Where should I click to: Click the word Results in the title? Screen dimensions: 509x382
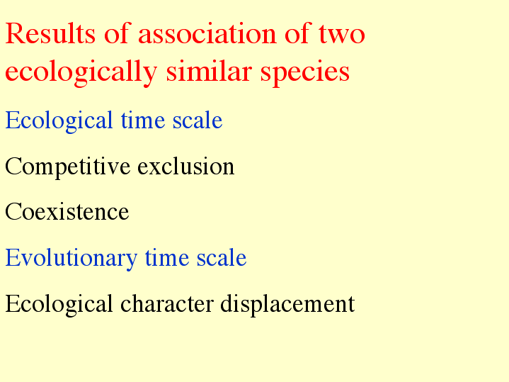point(50,33)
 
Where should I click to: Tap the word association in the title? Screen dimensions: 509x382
point(207,33)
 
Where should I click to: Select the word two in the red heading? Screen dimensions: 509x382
point(342,34)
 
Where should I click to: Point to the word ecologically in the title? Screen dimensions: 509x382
point(81,72)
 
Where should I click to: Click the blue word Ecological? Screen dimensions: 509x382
point(59,121)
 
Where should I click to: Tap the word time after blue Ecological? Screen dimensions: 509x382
point(142,120)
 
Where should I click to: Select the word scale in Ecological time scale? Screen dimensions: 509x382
point(198,120)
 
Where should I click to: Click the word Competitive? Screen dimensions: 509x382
point(68,167)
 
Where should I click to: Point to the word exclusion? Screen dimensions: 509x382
point(186,166)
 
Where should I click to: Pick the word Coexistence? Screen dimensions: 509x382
point(67,212)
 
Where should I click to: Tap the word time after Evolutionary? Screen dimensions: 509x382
point(167,257)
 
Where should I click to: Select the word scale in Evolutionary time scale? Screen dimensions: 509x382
point(222,257)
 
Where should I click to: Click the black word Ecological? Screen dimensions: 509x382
point(59,305)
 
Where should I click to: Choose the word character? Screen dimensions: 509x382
point(167,303)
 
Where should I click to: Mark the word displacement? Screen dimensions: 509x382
point(287,305)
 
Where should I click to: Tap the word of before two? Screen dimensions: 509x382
point(297,33)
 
